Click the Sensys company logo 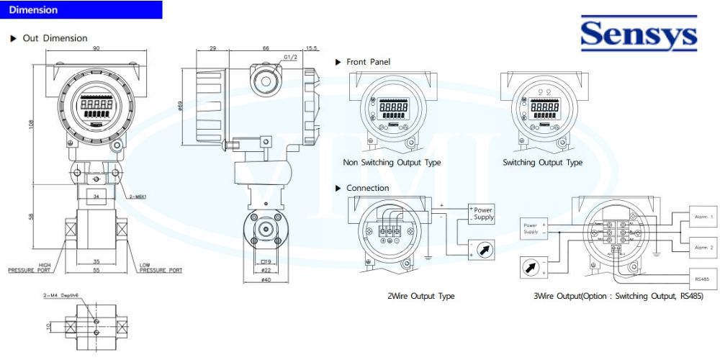pos(639,35)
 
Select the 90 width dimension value pos(96,48)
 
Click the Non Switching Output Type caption pos(392,163)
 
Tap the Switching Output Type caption pos(542,163)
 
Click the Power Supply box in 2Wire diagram pos(482,213)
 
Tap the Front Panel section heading pos(368,62)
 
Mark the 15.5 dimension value pos(311,48)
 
